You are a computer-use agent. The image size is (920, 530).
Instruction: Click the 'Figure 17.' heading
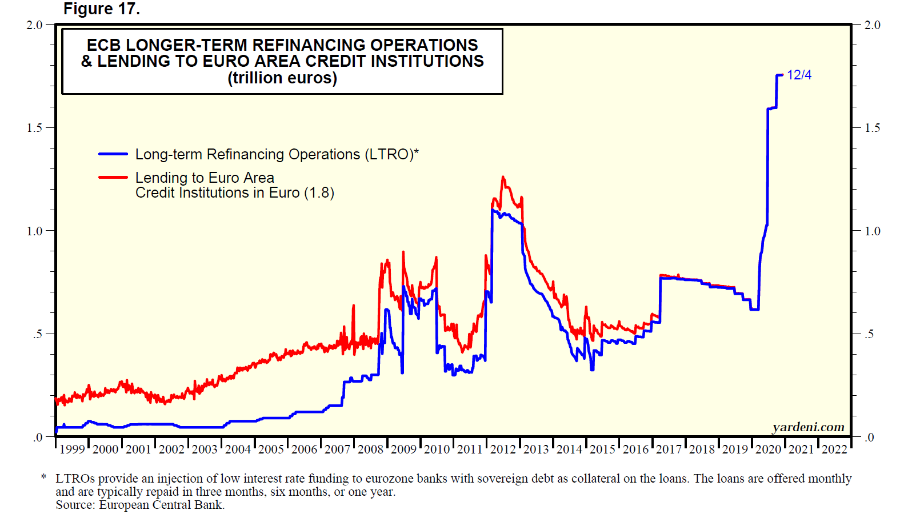[x=101, y=9]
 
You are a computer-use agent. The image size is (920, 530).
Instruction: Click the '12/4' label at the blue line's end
[x=799, y=75]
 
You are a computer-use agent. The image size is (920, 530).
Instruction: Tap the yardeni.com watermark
[x=808, y=427]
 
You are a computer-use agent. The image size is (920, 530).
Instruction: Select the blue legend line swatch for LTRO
[x=113, y=154]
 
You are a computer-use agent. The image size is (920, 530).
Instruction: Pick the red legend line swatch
[x=113, y=178]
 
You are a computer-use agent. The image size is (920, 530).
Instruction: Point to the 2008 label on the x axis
[x=370, y=449]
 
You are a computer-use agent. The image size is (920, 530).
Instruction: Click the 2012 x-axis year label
[x=503, y=449]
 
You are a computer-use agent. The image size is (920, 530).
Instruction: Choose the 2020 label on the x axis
[x=768, y=449]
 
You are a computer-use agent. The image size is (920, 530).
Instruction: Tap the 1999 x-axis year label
[x=72, y=449]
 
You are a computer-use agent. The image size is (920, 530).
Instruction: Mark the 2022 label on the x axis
[x=834, y=449]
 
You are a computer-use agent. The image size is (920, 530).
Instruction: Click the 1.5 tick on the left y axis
[x=34, y=128]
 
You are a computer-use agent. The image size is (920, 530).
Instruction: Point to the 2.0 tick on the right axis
[x=872, y=25]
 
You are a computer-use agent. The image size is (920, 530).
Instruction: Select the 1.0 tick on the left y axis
[x=34, y=231]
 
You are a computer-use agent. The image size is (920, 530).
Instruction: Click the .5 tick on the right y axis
[x=869, y=334]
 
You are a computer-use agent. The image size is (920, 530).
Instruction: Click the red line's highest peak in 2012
[x=503, y=177]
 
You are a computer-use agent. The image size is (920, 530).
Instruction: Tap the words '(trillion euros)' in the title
[x=282, y=78]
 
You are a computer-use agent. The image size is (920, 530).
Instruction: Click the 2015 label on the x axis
[x=602, y=449]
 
